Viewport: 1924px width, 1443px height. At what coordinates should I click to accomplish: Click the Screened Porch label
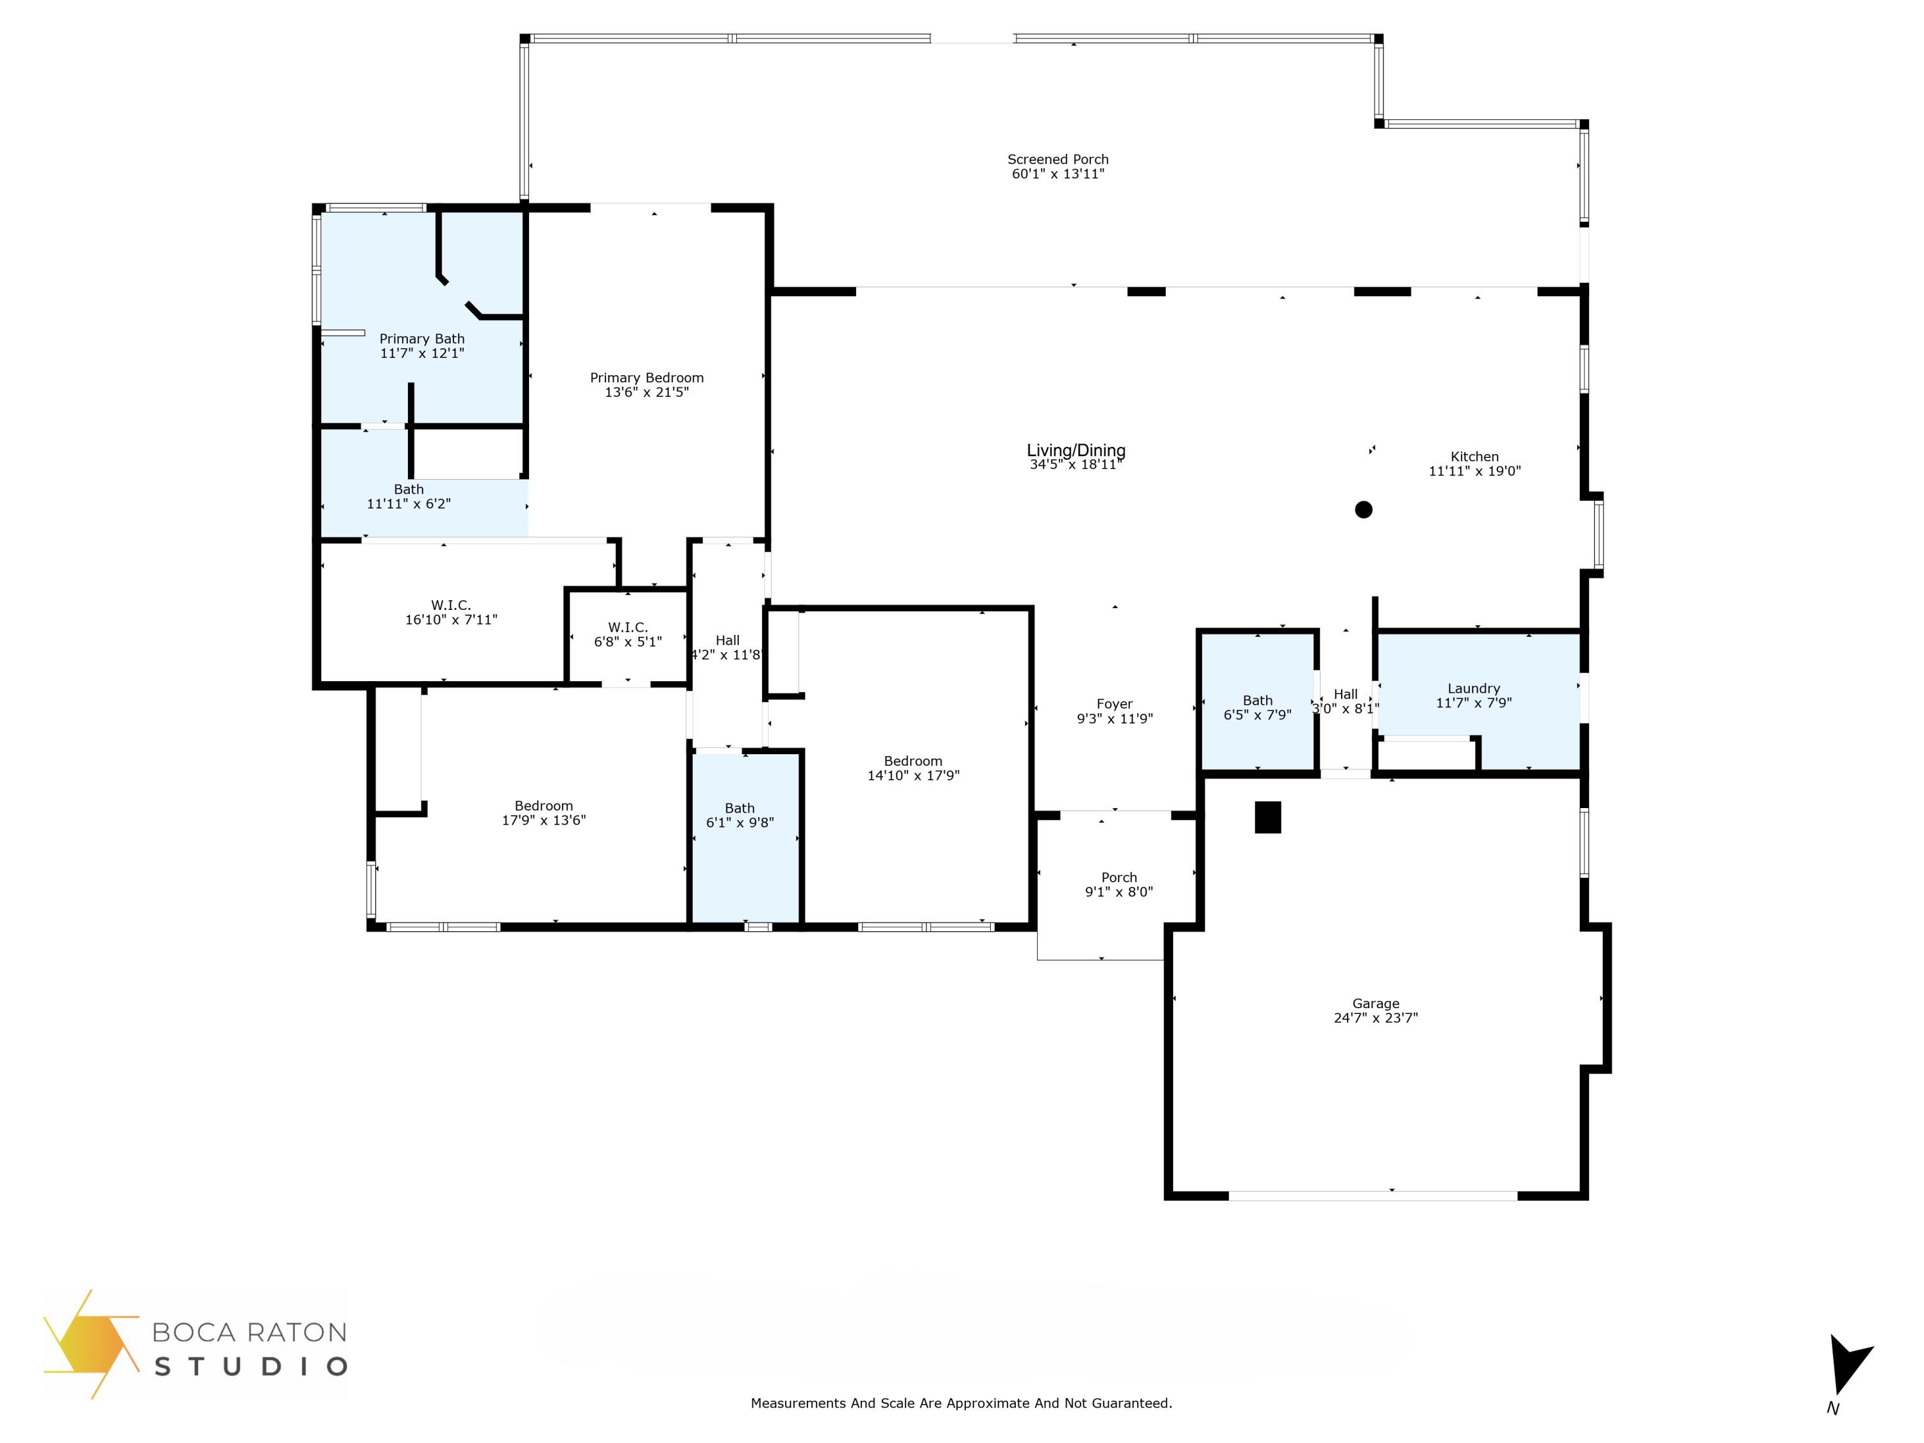[1058, 159]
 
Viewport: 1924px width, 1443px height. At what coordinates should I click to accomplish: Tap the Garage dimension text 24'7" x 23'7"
[1375, 1018]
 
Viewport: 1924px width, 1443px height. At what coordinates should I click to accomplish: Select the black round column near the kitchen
[1363, 510]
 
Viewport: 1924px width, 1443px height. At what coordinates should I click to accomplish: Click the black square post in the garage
[1267, 817]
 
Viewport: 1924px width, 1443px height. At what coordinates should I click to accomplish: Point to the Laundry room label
[1473, 688]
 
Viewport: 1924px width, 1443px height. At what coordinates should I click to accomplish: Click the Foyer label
[1114, 704]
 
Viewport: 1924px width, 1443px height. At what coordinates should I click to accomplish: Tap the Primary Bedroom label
[646, 378]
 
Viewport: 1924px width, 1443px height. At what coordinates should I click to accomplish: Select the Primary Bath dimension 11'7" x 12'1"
[422, 353]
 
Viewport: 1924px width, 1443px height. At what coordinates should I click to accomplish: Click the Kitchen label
[1474, 457]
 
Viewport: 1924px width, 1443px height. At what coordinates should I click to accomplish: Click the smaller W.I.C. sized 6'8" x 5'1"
[627, 634]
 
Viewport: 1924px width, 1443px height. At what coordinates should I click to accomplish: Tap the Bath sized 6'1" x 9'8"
[739, 815]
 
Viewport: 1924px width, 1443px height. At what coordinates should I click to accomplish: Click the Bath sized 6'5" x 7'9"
[1257, 707]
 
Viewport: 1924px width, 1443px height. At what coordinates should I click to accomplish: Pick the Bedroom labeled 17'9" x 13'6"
[544, 813]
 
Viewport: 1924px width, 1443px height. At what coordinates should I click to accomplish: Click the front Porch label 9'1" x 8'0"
[1118, 884]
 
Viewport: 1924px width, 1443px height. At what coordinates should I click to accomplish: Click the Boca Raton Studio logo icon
[90, 1344]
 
